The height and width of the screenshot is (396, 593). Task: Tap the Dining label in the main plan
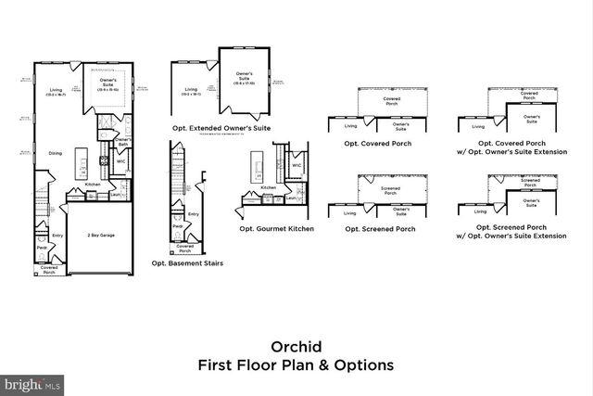tap(56, 154)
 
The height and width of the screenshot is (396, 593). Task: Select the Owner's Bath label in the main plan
tap(123, 141)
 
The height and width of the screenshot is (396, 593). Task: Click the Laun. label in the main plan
tap(115, 194)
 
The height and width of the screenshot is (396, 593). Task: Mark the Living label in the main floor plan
tap(56, 90)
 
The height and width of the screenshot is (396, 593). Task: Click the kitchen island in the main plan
tap(82, 163)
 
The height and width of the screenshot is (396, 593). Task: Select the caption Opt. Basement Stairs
tap(186, 262)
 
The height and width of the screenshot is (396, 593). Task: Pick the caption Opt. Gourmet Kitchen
tap(276, 227)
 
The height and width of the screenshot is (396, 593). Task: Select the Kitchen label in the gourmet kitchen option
tap(268, 187)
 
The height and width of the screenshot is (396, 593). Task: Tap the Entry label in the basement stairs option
tap(194, 214)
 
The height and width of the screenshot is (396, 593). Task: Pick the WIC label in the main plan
tap(120, 160)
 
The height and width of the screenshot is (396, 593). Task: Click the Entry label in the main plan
tap(57, 235)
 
